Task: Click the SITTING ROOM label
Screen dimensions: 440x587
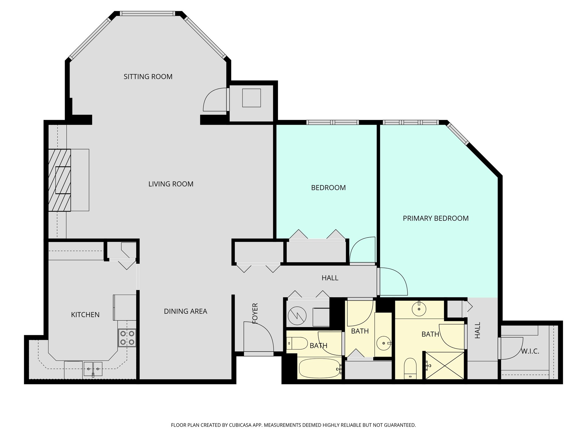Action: (x=148, y=77)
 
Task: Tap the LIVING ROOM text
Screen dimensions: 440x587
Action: (x=171, y=184)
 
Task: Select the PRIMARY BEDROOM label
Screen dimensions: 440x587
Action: (x=435, y=219)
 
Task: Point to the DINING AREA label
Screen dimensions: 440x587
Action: (x=185, y=311)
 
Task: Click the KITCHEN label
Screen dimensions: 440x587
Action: (x=85, y=315)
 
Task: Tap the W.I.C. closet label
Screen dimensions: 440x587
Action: (x=530, y=351)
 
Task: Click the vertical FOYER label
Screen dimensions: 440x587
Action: (x=255, y=313)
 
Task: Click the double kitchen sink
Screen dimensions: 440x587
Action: (x=93, y=369)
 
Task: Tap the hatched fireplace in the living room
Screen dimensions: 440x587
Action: (x=60, y=180)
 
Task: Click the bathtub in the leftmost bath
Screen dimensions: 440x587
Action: (x=320, y=368)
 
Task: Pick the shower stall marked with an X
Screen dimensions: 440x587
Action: (x=445, y=366)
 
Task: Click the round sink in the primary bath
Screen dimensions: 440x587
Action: (x=419, y=309)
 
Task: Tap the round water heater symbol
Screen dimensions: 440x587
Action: (x=297, y=316)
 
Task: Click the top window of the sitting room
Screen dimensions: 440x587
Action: (x=147, y=13)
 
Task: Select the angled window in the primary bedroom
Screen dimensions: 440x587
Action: (x=457, y=134)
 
